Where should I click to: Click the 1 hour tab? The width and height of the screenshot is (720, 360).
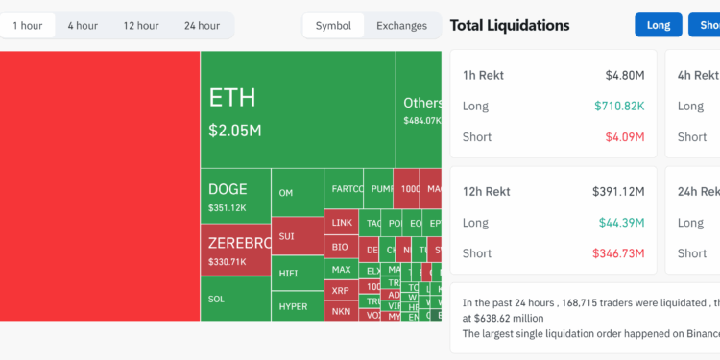click(x=28, y=26)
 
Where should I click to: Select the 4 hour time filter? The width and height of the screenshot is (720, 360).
click(x=83, y=26)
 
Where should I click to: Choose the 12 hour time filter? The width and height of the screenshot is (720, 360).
click(x=141, y=26)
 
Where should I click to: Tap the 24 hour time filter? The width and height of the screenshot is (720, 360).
click(x=202, y=26)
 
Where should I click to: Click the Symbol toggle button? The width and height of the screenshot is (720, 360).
click(x=333, y=26)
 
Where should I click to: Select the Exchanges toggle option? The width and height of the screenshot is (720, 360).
click(x=401, y=26)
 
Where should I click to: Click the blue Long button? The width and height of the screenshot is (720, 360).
click(x=659, y=25)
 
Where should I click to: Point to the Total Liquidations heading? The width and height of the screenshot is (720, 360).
click(x=510, y=26)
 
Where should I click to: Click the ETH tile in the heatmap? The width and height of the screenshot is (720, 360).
click(x=298, y=109)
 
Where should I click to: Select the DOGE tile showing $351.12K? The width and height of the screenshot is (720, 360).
click(x=235, y=196)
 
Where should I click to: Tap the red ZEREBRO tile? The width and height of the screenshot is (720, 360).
click(x=235, y=251)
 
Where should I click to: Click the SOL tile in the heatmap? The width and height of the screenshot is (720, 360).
click(x=235, y=300)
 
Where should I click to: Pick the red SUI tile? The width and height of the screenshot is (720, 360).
click(x=298, y=235)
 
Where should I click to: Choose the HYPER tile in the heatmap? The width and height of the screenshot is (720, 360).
click(x=298, y=306)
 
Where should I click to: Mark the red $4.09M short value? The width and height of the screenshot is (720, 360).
click(x=623, y=137)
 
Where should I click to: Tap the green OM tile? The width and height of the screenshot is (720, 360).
click(x=298, y=193)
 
